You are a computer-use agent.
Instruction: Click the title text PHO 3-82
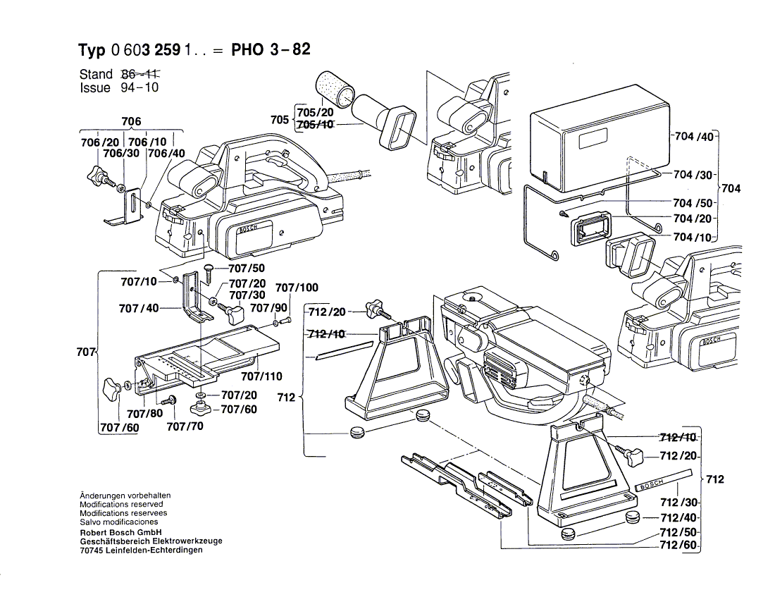(x=271, y=51)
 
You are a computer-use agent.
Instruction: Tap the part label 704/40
(x=695, y=137)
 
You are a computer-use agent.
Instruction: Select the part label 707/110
(x=261, y=376)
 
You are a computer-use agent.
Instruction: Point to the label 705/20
(x=315, y=113)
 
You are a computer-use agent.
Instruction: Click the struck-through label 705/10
(x=315, y=125)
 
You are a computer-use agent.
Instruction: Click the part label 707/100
(x=297, y=288)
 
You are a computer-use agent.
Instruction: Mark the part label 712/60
(x=678, y=546)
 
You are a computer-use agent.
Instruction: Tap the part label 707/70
(x=186, y=426)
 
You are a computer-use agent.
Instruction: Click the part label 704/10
(x=693, y=238)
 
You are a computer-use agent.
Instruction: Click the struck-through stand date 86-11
(x=141, y=74)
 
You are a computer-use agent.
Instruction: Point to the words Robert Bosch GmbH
(x=121, y=532)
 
